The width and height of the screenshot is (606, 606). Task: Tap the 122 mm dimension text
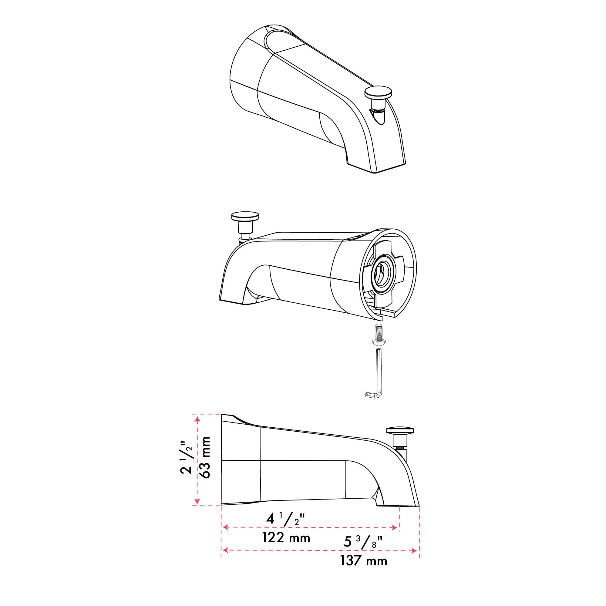coord(286,538)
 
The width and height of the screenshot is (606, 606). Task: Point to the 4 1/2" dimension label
coord(285,519)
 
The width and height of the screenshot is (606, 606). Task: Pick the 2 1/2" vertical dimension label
coord(186,457)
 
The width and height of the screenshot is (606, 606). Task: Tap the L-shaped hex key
coord(376,373)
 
